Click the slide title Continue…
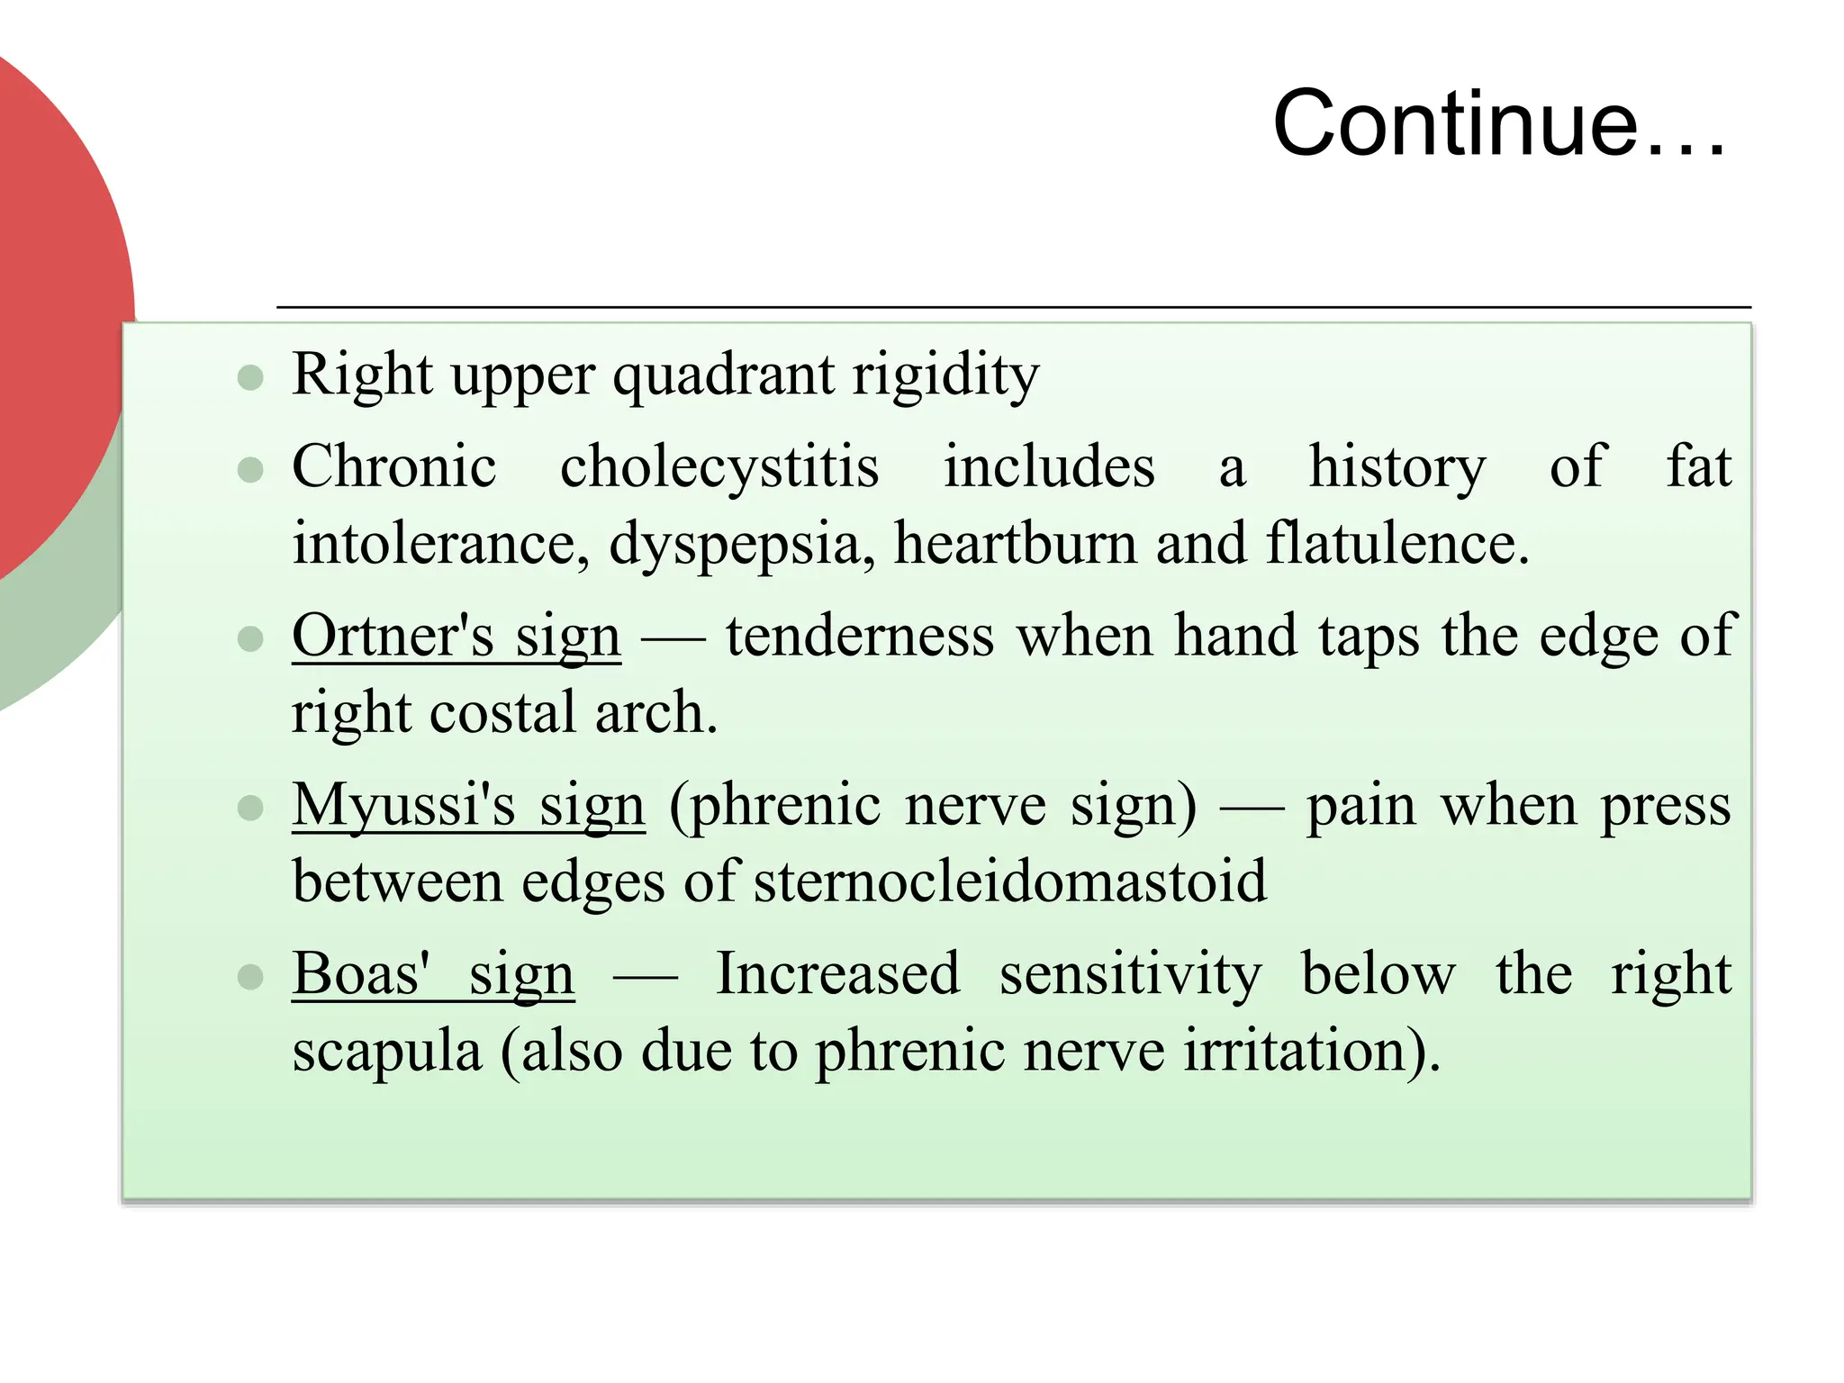[1499, 123]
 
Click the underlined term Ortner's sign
[456, 636]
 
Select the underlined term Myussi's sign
[468, 804]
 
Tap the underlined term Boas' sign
[433, 973]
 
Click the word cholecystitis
[719, 467]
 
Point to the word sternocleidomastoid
[1010, 881]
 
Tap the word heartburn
[1015, 544]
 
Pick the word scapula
[387, 1051]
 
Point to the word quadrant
[723, 375]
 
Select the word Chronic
[394, 467]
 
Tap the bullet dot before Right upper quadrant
[250, 377]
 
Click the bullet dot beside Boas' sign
[250, 977]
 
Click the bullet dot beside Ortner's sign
[250, 639]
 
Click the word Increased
[837, 973]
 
